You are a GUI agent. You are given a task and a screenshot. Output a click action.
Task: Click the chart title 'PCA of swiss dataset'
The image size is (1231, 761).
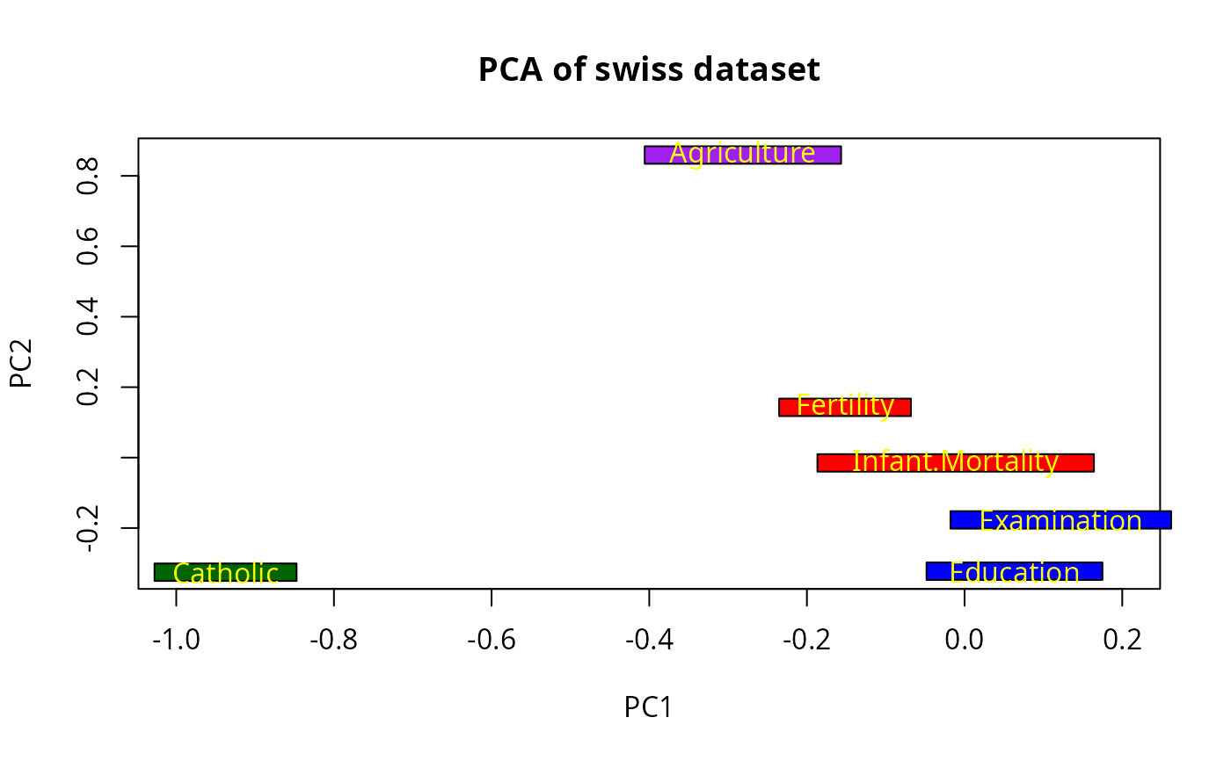point(649,69)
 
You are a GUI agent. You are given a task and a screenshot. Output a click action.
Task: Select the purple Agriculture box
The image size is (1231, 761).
point(742,155)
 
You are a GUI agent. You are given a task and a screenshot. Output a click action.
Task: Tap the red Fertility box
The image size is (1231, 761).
point(844,407)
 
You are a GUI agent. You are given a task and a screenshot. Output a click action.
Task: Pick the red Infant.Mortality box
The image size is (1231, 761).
point(955,462)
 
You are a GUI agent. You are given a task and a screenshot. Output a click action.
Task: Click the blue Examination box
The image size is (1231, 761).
point(1060,520)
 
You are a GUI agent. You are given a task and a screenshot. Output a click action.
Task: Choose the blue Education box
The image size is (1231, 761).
point(1014,571)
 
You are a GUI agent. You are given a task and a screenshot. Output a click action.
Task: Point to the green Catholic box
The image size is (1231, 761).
point(225,572)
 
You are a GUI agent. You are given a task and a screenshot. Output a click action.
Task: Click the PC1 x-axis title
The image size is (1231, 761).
point(648,707)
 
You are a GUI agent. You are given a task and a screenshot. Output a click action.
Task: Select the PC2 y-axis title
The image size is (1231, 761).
point(21,364)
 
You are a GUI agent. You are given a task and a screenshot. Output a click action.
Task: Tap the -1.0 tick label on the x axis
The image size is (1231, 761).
point(176,640)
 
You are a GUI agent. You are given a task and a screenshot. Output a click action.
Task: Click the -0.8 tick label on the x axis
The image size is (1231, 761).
point(334,640)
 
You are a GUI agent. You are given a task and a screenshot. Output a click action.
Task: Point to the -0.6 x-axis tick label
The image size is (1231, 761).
point(492,640)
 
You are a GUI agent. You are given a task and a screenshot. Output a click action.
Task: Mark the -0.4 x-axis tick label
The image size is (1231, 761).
point(649,640)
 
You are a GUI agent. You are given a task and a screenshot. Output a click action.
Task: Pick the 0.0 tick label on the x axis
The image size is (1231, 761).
point(965,640)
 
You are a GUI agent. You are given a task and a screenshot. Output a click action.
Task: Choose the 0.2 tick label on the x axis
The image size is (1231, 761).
point(1122,640)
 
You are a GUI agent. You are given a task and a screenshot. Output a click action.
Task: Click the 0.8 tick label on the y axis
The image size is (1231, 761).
point(87,176)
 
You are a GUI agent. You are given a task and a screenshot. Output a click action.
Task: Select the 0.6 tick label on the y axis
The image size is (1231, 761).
point(87,246)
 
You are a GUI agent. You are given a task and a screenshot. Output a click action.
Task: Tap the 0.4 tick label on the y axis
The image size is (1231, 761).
point(87,316)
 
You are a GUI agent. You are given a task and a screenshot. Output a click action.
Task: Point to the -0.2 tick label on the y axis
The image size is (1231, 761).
point(87,528)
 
